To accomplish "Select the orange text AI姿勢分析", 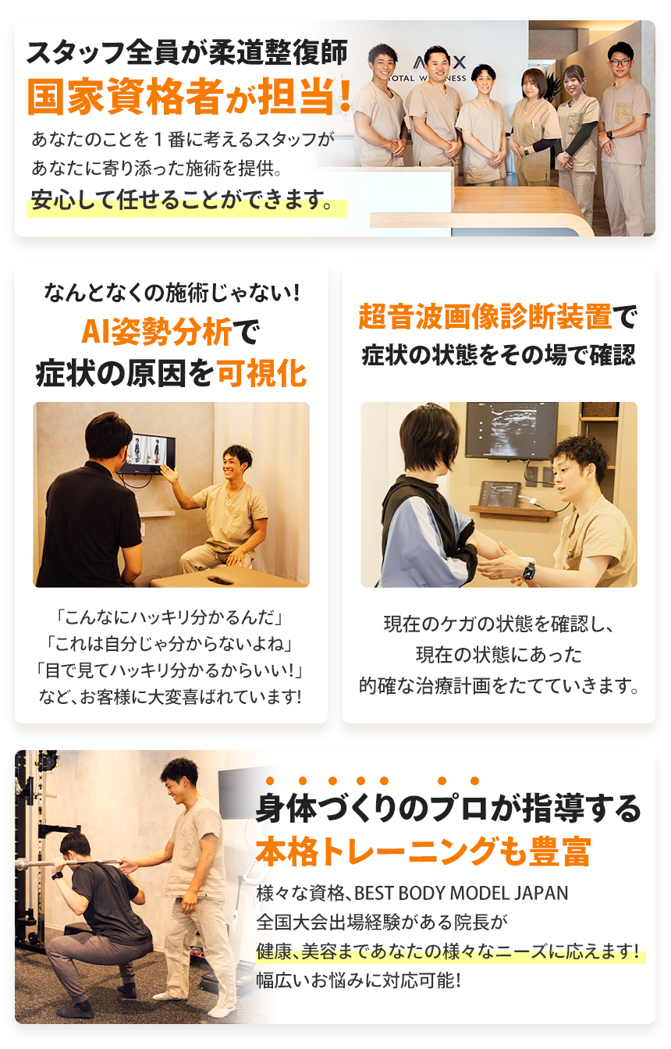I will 157,333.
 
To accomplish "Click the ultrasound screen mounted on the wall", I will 511,428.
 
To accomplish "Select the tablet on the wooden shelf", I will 499,494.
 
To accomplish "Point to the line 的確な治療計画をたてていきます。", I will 499,686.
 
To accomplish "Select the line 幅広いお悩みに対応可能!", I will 359,980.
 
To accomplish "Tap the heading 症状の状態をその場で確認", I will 499,356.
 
